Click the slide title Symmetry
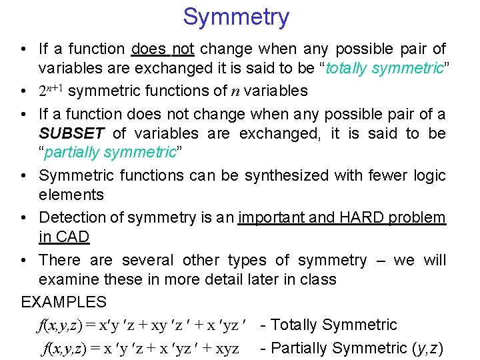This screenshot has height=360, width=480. click(236, 17)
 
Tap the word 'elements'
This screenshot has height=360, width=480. click(71, 195)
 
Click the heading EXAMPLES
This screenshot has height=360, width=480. click(63, 302)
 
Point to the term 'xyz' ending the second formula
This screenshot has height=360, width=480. click(224, 349)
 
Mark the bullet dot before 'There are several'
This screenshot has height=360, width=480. click(25, 260)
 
